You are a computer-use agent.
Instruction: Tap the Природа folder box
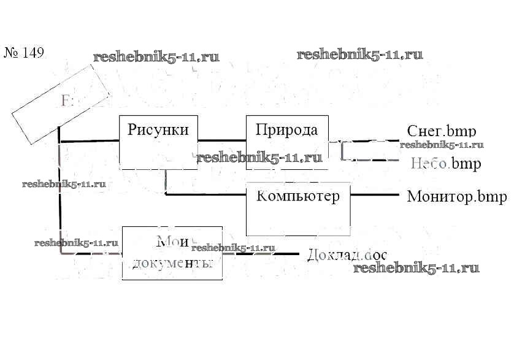[286, 141]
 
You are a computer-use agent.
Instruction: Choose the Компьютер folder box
[298, 209]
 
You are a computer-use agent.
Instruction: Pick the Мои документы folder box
[172, 253]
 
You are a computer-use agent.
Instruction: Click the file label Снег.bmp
[442, 131]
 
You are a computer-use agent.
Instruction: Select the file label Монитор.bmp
[457, 197]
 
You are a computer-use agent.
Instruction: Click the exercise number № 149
[25, 53]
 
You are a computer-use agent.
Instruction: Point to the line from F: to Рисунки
[89, 141]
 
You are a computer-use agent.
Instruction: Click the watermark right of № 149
[156, 58]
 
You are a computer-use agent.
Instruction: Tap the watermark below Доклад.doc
[416, 268]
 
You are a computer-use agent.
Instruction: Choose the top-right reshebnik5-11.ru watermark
[360, 55]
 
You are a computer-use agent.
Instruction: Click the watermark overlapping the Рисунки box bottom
[259, 158]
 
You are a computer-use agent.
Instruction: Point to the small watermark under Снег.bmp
[442, 145]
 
